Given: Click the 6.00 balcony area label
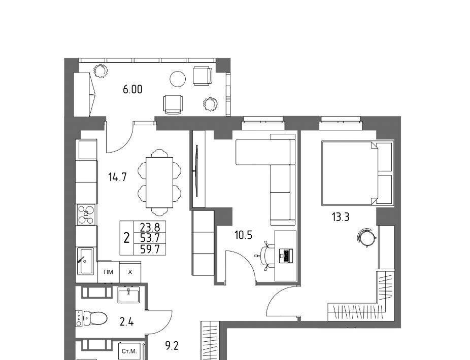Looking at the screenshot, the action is pyautogui.click(x=132, y=89).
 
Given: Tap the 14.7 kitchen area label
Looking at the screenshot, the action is pyautogui.click(x=118, y=177).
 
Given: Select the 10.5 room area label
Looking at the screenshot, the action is pyautogui.click(x=244, y=235).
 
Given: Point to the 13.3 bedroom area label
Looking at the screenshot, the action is pyautogui.click(x=341, y=217).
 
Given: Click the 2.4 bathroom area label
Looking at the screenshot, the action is pyautogui.click(x=126, y=322).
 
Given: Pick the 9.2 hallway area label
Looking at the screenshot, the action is pyautogui.click(x=172, y=346).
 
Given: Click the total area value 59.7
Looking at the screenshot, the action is pyautogui.click(x=150, y=249).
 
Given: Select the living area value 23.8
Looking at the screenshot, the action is pyautogui.click(x=150, y=227).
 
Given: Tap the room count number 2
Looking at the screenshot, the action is pyautogui.click(x=127, y=238).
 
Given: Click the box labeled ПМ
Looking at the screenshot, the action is pyautogui.click(x=109, y=272).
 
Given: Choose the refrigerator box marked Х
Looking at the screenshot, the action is pyautogui.click(x=130, y=272).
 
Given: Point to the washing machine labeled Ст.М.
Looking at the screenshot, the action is pyautogui.click(x=129, y=351).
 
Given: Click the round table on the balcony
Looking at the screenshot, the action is pyautogui.click(x=178, y=79).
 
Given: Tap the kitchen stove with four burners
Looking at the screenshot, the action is pyautogui.click(x=86, y=215).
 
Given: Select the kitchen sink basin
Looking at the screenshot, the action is pyautogui.click(x=86, y=261).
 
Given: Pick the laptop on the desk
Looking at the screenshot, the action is pyautogui.click(x=285, y=256).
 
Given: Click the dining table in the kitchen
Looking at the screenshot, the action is pyautogui.click(x=159, y=183).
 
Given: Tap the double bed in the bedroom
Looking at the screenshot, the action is pyautogui.click(x=357, y=173).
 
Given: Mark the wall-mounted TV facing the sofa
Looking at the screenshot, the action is pyautogui.click(x=197, y=171).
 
